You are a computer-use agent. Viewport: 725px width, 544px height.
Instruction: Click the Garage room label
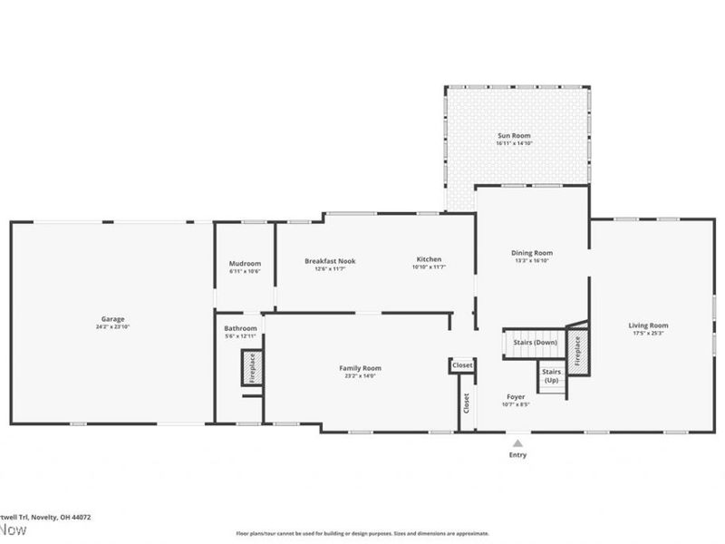[112, 319]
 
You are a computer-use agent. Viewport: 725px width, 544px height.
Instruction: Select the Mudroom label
[245, 264]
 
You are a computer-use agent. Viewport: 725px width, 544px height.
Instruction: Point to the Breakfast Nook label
[329, 261]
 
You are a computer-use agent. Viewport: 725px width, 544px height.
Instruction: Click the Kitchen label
[429, 260]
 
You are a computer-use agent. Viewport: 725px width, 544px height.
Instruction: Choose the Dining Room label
[532, 253]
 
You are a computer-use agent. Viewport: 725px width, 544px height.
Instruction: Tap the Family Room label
[360, 368]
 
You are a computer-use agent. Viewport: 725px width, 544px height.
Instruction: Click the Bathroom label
[240, 328]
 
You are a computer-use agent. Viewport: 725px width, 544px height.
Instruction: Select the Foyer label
[516, 397]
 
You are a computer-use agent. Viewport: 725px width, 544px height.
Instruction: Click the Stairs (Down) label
[534, 343]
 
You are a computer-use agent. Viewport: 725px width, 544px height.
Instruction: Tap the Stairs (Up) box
[551, 376]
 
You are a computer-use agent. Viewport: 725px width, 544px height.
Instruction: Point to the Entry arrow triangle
[517, 443]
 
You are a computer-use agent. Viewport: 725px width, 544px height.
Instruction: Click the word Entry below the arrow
[517, 455]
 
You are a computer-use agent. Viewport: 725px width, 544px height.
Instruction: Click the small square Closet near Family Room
[461, 364]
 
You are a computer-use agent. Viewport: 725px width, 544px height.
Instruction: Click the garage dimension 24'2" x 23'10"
[112, 326]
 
